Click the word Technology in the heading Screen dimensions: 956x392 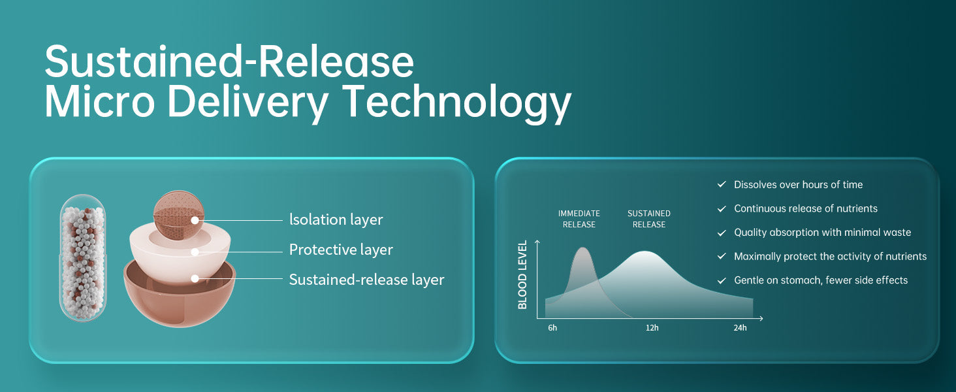[457, 103]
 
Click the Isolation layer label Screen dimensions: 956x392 [336, 220]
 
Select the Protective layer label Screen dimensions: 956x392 [341, 250]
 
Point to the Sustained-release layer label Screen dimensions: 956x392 [366, 280]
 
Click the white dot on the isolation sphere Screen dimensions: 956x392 [195, 220]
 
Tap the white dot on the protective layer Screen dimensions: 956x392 [195, 252]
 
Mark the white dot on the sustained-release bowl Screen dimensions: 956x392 [195, 278]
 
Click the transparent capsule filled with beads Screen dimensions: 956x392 [83, 257]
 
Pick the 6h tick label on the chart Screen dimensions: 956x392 [552, 328]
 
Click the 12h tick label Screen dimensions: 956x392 [652, 328]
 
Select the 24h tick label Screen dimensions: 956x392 [740, 328]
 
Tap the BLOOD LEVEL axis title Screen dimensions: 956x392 [522, 274]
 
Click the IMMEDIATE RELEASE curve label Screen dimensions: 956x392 [579, 219]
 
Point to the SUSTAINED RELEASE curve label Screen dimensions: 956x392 [648, 219]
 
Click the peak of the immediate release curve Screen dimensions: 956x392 [582, 248]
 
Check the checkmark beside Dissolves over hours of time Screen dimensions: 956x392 [722, 184]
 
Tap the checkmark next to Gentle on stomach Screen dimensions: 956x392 [722, 280]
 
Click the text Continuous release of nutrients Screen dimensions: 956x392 [806, 208]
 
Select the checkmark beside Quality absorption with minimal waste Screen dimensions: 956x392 [722, 233]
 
